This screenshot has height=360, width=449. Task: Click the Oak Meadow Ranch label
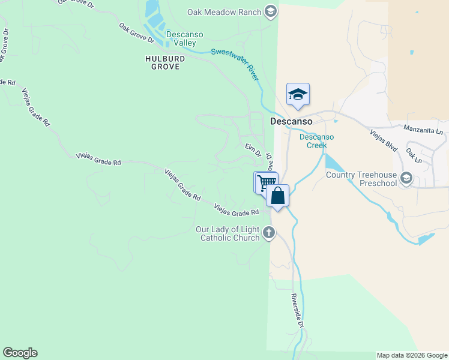224,12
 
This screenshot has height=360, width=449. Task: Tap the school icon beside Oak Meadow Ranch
271,11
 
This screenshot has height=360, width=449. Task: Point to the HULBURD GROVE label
162,62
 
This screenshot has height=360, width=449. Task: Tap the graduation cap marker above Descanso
298,94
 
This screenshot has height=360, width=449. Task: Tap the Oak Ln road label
414,156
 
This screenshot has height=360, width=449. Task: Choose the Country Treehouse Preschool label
362,179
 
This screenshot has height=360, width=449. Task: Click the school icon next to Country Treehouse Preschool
407,178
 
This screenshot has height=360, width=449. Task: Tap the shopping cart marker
265,182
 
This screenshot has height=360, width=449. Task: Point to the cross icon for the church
269,233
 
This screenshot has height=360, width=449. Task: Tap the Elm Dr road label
253,149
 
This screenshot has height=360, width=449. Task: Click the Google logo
20,352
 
